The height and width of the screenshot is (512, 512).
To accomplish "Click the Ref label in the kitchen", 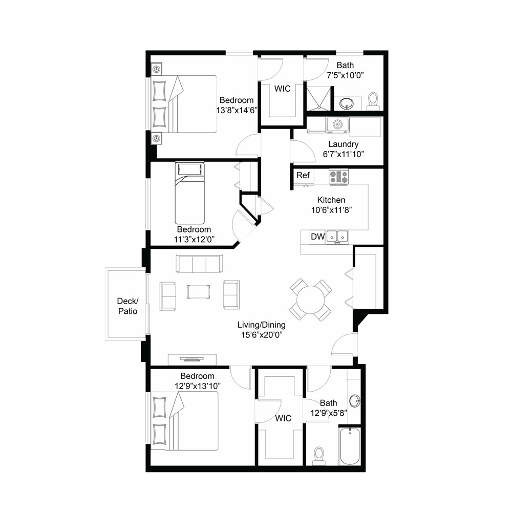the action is coord(303,175).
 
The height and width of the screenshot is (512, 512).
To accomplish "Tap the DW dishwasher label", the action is coord(317,237).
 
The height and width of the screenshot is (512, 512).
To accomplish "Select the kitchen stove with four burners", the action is coord(338,177).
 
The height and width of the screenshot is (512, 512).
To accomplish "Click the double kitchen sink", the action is coord(337,237).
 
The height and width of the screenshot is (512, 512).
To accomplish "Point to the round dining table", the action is coord(310,300).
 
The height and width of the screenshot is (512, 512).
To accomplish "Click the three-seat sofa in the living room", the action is coord(199,263).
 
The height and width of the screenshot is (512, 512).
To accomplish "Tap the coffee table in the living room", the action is coord(198,292).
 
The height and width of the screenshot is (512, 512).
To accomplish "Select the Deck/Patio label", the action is coord(127,306).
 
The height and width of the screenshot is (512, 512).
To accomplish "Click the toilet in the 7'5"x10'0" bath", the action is coord(373,101).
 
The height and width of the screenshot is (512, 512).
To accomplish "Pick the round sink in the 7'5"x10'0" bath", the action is coord(346,104).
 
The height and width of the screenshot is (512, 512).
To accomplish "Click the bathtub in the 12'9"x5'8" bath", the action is coord(350,446).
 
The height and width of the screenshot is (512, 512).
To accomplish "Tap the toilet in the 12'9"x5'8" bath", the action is coord(318,456).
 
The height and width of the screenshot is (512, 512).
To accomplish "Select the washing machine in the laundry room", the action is coord(337,125).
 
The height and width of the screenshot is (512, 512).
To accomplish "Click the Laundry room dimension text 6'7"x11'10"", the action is coord(344,154).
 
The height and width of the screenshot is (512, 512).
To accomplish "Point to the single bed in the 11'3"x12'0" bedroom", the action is coord(189,193).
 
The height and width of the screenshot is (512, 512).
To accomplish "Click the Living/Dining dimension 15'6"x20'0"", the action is coord(262,335).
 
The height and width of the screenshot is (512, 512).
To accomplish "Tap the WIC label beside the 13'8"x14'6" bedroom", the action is coord(283,89).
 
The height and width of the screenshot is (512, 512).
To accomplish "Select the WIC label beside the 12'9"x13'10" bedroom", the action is coord(283,418).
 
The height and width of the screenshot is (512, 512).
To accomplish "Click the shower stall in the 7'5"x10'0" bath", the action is coord(318,99).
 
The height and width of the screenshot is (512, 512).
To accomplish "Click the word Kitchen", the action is coord(331,200).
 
